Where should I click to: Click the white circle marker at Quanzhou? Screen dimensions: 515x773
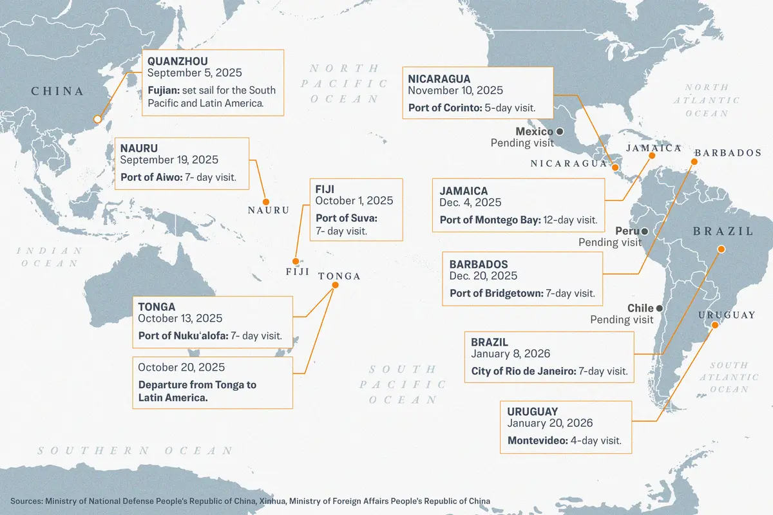(97, 119)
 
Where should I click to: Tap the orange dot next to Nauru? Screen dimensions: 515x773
(265, 201)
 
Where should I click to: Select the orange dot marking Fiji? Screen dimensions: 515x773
(294, 261)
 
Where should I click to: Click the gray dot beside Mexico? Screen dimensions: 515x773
(560, 131)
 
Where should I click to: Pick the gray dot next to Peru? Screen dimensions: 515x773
(644, 231)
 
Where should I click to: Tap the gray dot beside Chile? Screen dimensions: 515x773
(659, 308)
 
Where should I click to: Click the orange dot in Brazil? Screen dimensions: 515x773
(721, 249)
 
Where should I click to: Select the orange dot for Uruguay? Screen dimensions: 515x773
(714, 326)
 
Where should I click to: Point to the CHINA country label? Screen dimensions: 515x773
(57, 91)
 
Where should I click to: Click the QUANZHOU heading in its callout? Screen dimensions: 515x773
(177, 61)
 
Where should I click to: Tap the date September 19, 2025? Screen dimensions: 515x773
(169, 160)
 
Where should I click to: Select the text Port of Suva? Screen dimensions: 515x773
(346, 218)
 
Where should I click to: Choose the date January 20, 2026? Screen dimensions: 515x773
(549, 423)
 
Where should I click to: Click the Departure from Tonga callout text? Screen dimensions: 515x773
(197, 391)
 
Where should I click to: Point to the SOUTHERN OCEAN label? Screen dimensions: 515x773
(135, 451)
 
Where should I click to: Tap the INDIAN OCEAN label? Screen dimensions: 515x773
(50, 257)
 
